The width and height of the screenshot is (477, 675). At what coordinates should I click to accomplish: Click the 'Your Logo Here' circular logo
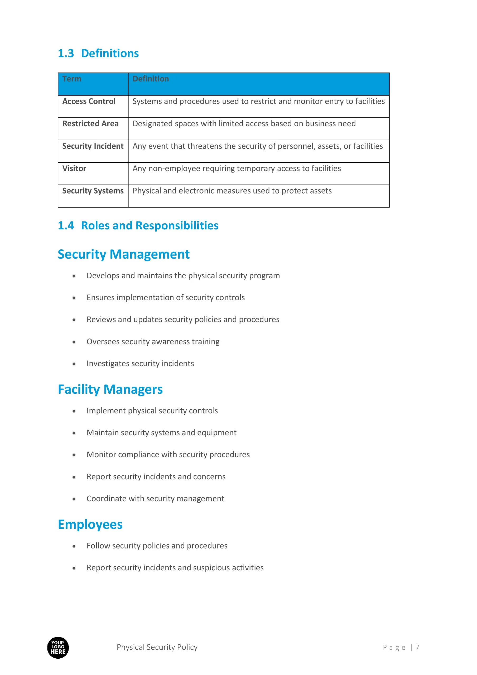(58, 647)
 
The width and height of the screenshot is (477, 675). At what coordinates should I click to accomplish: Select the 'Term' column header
(72, 79)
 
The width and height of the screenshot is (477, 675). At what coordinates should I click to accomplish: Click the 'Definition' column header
(151, 79)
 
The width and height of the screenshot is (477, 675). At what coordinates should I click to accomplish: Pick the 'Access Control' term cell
(89, 102)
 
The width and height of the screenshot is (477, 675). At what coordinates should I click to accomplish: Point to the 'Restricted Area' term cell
(90, 124)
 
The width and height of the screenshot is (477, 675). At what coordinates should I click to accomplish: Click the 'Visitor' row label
(74, 168)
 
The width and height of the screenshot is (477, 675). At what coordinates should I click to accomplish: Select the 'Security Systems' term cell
(93, 191)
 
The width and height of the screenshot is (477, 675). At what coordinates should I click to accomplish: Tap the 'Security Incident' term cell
(93, 146)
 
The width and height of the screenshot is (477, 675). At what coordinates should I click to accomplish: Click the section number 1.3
(66, 54)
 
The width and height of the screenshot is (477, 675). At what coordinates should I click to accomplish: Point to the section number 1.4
(66, 225)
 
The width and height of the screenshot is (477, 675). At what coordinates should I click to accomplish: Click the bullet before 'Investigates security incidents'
(74, 364)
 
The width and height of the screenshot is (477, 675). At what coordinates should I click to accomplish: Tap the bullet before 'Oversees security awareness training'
(74, 342)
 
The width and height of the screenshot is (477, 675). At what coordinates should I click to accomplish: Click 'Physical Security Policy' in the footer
(157, 647)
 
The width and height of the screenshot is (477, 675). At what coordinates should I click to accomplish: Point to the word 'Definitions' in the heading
(110, 54)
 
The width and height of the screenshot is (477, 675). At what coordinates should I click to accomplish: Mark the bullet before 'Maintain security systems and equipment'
(74, 433)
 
